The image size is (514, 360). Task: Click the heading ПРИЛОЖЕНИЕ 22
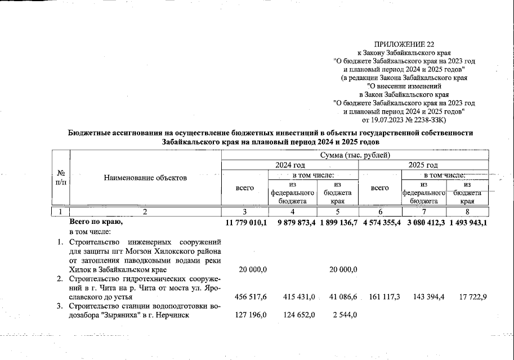[x=404, y=43]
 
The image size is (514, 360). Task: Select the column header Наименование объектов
[x=145, y=178]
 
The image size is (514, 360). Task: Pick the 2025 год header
[x=423, y=165]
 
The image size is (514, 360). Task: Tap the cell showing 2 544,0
[x=343, y=314]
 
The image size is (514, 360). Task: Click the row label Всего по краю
[x=95, y=223]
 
